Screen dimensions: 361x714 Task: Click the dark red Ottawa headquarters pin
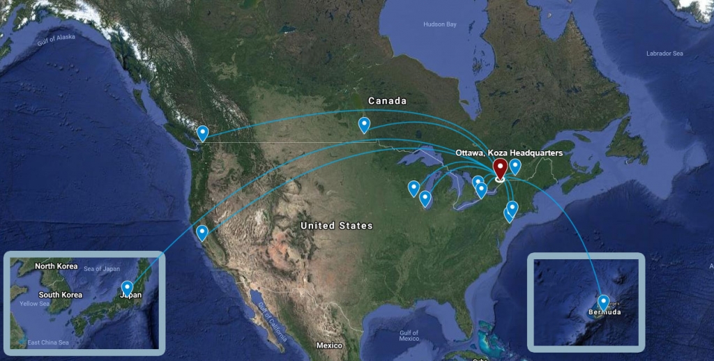(x=500, y=169)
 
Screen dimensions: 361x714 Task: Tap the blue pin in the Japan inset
(x=127, y=287)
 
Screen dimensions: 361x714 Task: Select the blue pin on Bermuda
(x=603, y=302)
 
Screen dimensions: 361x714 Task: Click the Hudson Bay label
(x=439, y=24)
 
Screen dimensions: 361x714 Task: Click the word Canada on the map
(x=387, y=101)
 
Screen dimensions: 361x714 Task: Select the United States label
(x=336, y=226)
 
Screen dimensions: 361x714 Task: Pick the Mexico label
(x=329, y=346)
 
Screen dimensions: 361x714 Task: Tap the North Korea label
(x=56, y=266)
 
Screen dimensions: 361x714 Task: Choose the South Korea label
(x=60, y=295)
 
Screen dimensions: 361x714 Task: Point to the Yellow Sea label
(x=35, y=304)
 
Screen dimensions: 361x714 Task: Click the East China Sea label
(x=48, y=342)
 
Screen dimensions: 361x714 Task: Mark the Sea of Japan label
(x=102, y=269)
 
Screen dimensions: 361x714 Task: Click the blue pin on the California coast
(x=202, y=232)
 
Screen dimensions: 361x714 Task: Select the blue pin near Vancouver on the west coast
(x=202, y=132)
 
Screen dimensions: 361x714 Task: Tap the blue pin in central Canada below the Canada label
(x=364, y=124)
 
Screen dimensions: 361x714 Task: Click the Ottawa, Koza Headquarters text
(x=508, y=153)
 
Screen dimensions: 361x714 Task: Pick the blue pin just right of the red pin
(x=515, y=165)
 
